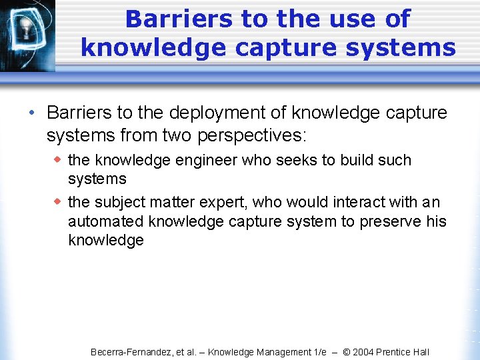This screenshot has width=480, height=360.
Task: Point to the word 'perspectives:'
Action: click(248, 136)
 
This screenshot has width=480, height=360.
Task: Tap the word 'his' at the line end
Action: click(435, 221)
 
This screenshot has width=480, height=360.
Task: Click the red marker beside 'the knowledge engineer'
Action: click(58, 159)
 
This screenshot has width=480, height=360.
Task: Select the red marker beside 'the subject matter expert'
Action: click(58, 201)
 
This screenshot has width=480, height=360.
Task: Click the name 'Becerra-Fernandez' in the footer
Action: click(131, 352)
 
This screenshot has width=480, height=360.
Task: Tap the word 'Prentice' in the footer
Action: click(397, 352)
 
